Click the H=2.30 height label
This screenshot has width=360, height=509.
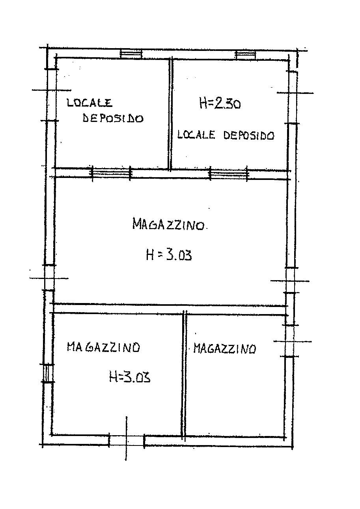(220, 104)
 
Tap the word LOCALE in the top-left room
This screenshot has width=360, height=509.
(90, 103)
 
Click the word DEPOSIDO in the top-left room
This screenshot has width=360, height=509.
(113, 118)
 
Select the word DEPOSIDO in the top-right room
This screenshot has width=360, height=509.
(248, 135)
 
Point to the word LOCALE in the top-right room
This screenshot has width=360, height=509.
(196, 135)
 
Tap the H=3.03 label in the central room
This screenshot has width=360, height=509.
(169, 255)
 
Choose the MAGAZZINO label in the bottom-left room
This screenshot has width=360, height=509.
(103, 347)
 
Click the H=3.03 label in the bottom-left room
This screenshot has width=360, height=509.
(130, 378)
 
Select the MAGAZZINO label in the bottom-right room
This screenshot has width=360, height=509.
(224, 348)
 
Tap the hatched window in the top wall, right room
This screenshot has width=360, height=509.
(245, 54)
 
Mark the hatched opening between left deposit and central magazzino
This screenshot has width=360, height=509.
(111, 173)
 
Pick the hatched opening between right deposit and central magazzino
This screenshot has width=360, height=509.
(229, 174)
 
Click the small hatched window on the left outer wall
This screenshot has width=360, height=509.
(47, 373)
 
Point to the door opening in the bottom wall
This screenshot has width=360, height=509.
(127, 440)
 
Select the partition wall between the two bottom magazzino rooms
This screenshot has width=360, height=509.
(184, 375)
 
